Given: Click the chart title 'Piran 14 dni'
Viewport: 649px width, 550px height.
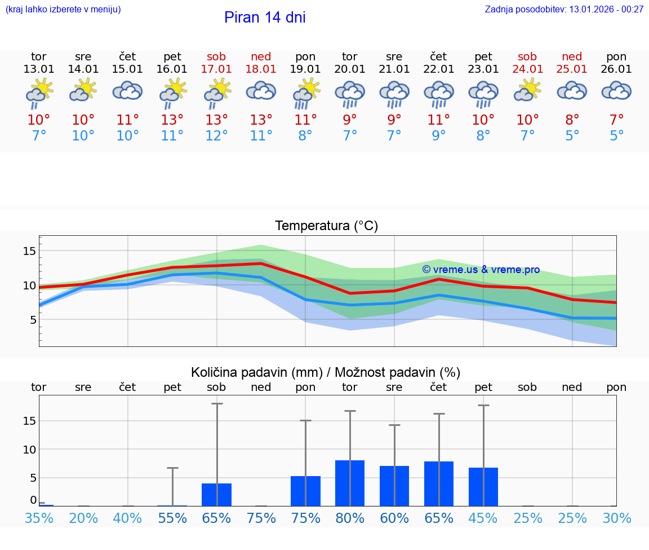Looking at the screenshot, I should click(x=265, y=17).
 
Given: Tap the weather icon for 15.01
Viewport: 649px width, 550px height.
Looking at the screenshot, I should click(x=128, y=91).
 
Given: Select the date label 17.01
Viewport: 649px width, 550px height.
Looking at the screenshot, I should click(x=216, y=69).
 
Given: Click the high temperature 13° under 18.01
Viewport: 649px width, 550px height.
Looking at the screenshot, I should click(x=261, y=120).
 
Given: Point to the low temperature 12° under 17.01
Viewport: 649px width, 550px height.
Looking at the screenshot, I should click(x=216, y=136).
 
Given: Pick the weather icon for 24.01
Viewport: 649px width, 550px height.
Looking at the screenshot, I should click(x=528, y=91).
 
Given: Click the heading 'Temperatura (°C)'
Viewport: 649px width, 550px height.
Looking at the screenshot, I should click(x=326, y=226).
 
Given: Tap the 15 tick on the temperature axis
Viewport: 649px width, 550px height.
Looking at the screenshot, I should click(x=29, y=251).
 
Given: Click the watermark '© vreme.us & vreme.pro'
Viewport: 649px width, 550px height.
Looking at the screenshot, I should click(x=481, y=270).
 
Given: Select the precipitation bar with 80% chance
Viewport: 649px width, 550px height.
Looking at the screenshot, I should click(x=350, y=483).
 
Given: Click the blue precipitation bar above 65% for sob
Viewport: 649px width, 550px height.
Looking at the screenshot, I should click(x=216, y=494).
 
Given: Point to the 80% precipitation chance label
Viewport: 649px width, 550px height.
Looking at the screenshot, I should click(x=350, y=518).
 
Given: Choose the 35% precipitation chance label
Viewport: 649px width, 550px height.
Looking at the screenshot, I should click(x=39, y=518).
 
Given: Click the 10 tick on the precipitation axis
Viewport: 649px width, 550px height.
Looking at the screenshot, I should click(x=29, y=450).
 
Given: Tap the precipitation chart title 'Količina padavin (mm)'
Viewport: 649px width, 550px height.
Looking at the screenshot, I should click(x=256, y=372).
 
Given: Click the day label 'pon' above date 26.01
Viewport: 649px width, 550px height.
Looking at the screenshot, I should click(x=616, y=56).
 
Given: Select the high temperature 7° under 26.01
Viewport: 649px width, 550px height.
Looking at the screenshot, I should click(x=616, y=120).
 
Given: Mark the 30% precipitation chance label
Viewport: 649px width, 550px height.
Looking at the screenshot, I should click(x=616, y=518).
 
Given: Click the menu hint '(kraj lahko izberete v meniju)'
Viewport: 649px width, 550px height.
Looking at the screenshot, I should click(x=63, y=9).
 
